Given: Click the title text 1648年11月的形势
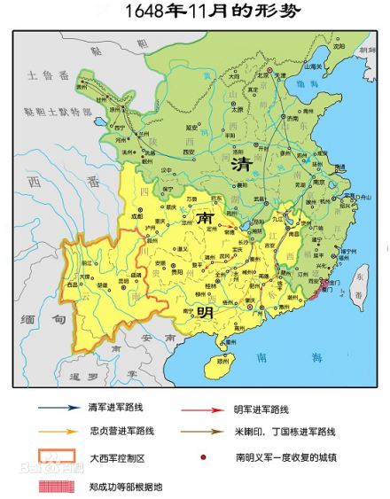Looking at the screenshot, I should click(196, 12).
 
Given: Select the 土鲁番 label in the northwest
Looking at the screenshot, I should click(47, 76).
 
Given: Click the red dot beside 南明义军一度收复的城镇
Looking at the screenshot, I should click(204, 458).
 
